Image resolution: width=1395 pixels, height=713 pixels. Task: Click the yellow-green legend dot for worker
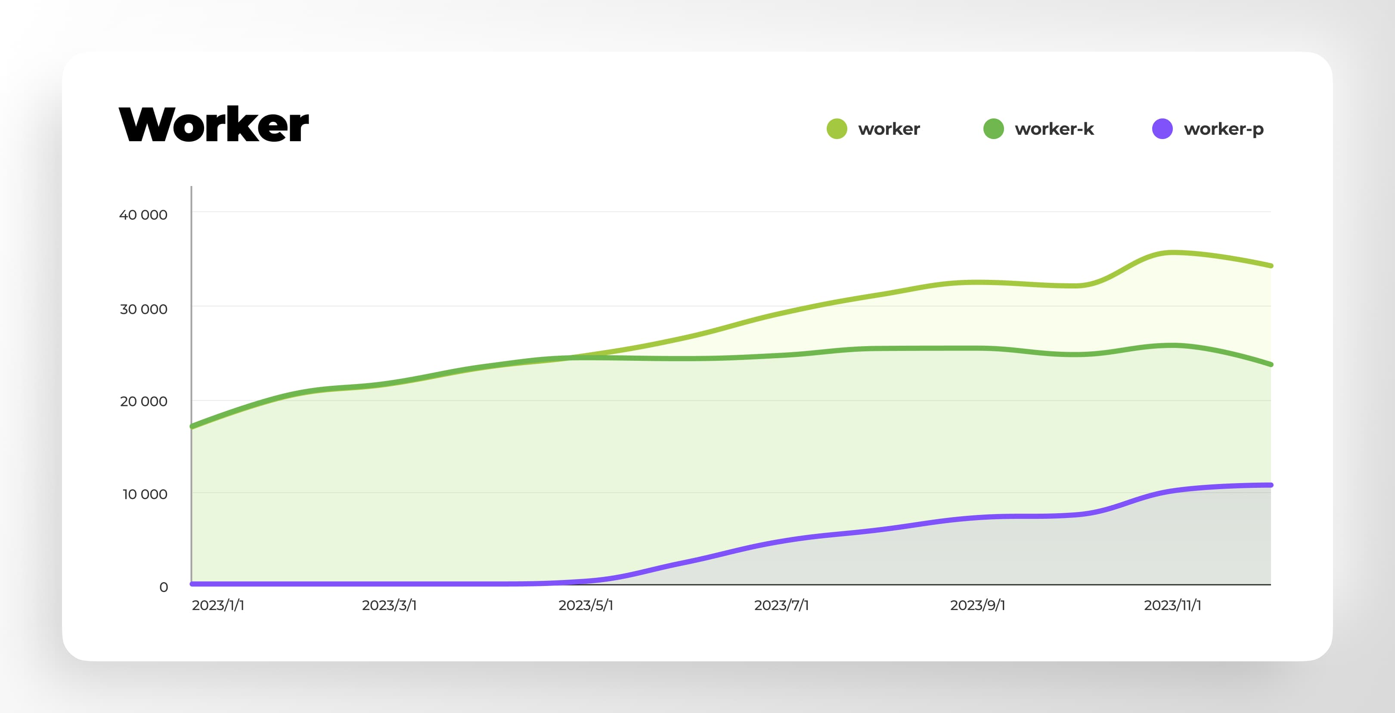pos(837,129)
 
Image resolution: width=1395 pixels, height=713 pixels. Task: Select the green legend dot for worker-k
pos(993,129)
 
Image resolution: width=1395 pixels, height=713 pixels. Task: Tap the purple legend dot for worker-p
pos(1162,129)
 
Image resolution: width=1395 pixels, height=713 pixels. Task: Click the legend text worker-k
pos(1054,129)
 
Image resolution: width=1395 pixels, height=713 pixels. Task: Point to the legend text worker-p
pos(1223,129)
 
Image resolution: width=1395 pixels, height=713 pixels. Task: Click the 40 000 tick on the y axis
pos(143,215)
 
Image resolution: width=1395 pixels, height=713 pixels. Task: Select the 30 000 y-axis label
pos(143,309)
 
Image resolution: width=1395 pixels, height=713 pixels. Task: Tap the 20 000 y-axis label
pos(143,401)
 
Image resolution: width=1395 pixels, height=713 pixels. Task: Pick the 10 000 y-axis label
pos(145,494)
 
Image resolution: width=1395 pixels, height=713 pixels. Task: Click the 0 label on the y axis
pos(164,587)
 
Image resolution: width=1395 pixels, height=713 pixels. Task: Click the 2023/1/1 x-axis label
pos(218,605)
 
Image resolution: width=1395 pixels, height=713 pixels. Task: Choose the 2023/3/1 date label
pos(389,605)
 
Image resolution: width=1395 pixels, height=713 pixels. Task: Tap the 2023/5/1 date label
pos(586,605)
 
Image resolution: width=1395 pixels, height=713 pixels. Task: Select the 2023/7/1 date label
pos(781,605)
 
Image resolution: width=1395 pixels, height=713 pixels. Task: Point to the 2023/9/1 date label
pos(977,605)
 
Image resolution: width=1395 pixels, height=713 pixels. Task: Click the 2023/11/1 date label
pos(1172,605)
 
